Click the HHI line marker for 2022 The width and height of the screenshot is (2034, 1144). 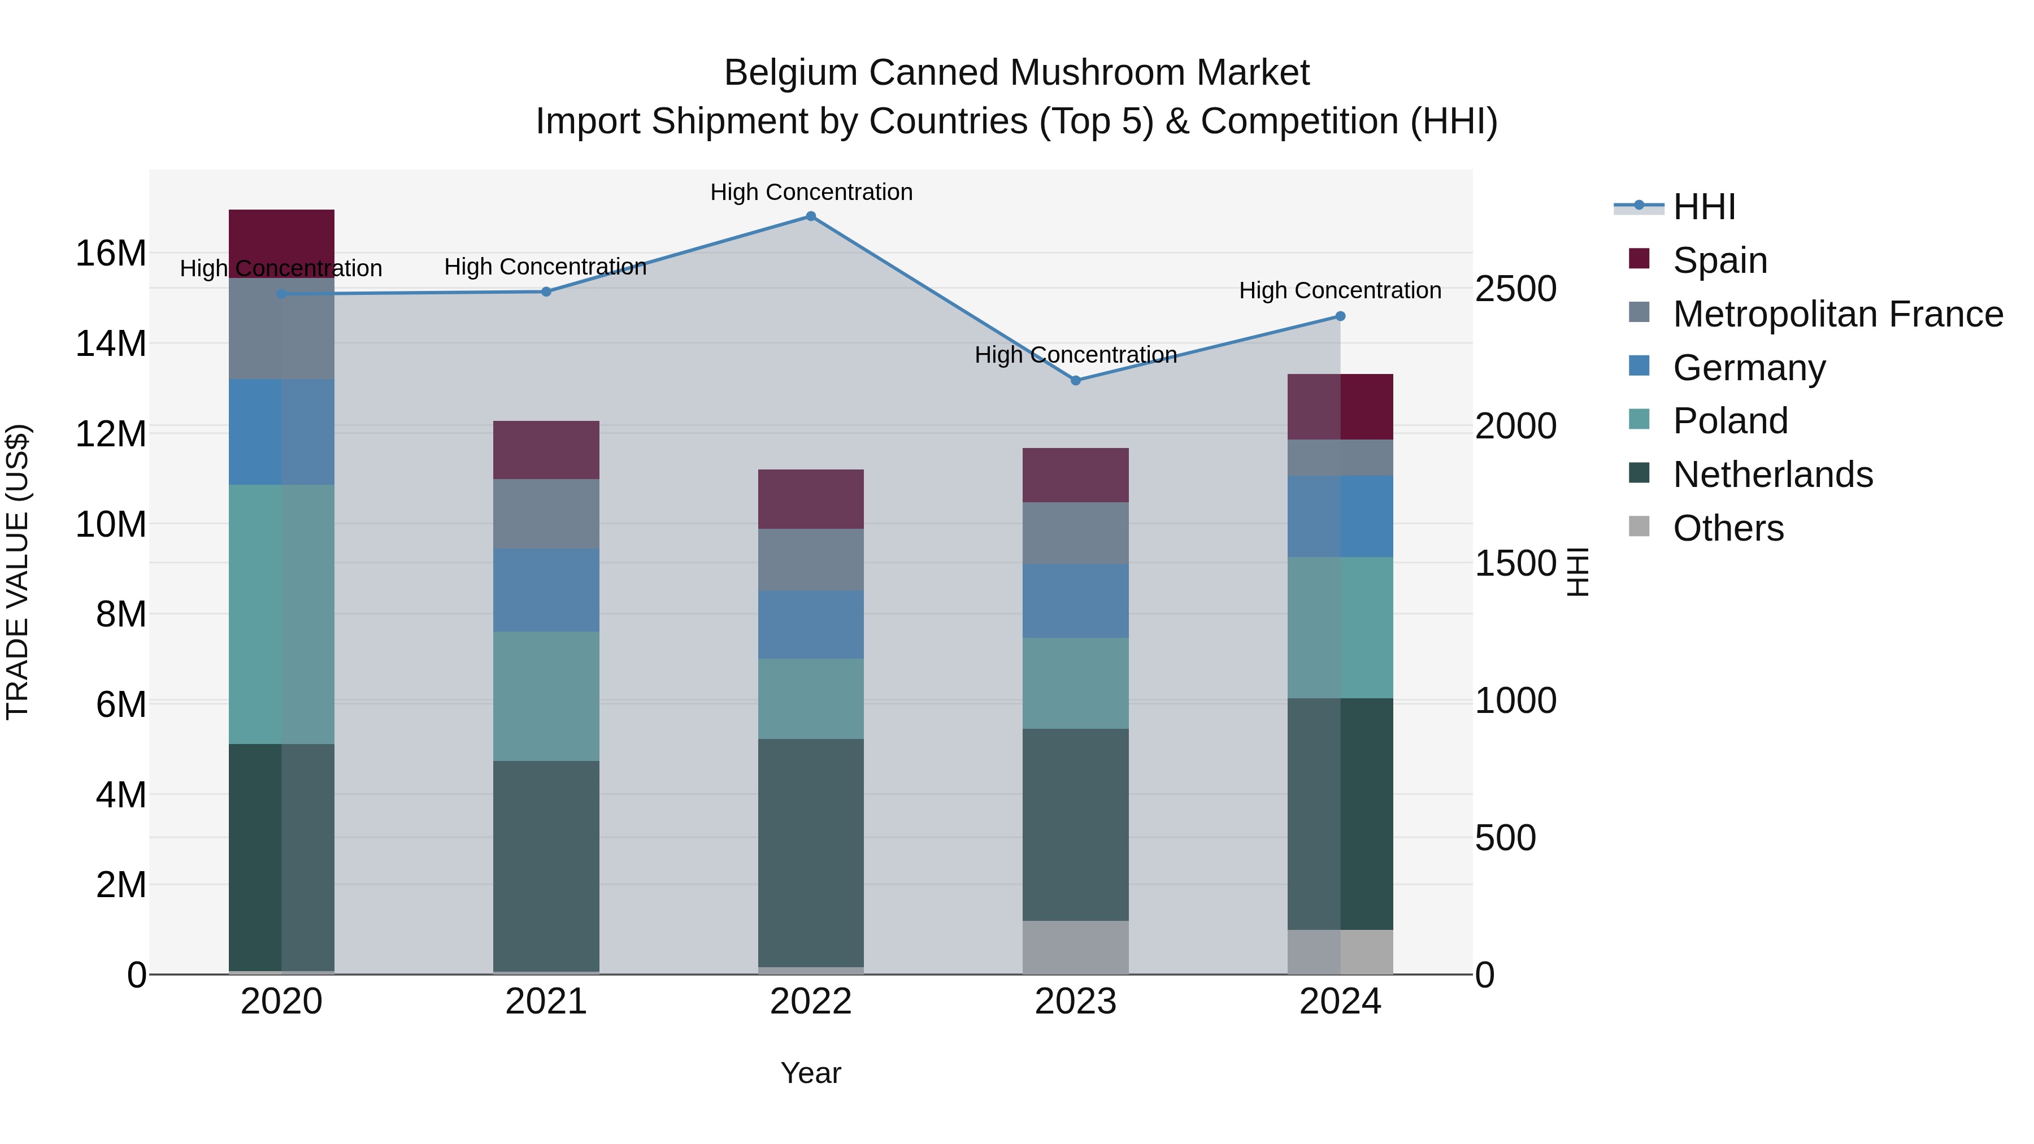pyautogui.click(x=810, y=216)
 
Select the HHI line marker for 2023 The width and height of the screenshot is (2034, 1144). pyautogui.click(x=1075, y=381)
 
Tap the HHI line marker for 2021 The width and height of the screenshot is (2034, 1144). pyautogui.click(x=546, y=292)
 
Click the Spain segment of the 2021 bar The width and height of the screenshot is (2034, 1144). pyautogui.click(x=546, y=450)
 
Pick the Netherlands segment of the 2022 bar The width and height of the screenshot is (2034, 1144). pyautogui.click(x=810, y=852)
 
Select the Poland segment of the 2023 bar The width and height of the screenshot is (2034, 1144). pyautogui.click(x=1075, y=683)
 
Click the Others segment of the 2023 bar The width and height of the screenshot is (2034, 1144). pyautogui.click(x=1075, y=947)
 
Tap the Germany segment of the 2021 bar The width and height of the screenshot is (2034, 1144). pyautogui.click(x=546, y=590)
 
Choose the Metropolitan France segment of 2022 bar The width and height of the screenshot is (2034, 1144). pyautogui.click(x=810, y=560)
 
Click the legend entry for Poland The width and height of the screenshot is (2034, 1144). pyautogui.click(x=1730, y=421)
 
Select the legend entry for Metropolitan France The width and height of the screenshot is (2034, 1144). pyautogui.click(x=1837, y=314)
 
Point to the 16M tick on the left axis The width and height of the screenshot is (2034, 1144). pyautogui.click(x=111, y=254)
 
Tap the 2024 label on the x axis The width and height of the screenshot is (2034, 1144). pyautogui.click(x=1340, y=1002)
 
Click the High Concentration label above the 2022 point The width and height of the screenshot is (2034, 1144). pyautogui.click(x=811, y=192)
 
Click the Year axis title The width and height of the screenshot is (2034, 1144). pyautogui.click(x=810, y=1073)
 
